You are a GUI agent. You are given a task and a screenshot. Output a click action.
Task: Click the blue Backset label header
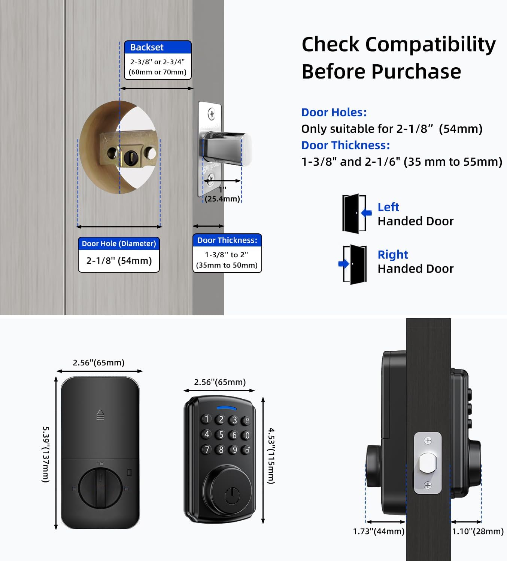coord(158,47)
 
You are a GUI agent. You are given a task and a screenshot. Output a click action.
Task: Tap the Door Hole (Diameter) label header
coord(119,243)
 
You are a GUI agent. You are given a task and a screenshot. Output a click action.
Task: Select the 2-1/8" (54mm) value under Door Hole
coord(119,261)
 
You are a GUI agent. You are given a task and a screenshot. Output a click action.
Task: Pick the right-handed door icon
coord(353,264)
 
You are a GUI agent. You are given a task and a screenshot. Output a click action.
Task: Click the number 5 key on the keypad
coord(221,434)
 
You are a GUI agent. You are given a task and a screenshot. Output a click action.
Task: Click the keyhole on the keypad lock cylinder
coord(232,496)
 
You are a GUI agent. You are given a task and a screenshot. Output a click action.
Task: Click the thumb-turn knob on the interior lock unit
coord(100,488)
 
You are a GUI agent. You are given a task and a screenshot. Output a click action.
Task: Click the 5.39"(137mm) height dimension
coord(46,454)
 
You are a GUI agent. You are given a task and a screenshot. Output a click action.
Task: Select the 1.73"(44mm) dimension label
coord(379,531)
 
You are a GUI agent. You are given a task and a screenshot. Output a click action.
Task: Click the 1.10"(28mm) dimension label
coord(478,531)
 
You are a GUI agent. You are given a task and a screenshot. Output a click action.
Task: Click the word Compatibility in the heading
coord(431,45)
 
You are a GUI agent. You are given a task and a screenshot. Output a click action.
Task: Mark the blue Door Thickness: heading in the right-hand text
coord(346,145)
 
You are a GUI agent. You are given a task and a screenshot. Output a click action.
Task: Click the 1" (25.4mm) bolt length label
coord(222,194)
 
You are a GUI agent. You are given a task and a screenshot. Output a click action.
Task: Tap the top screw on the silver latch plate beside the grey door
coord(212,114)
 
